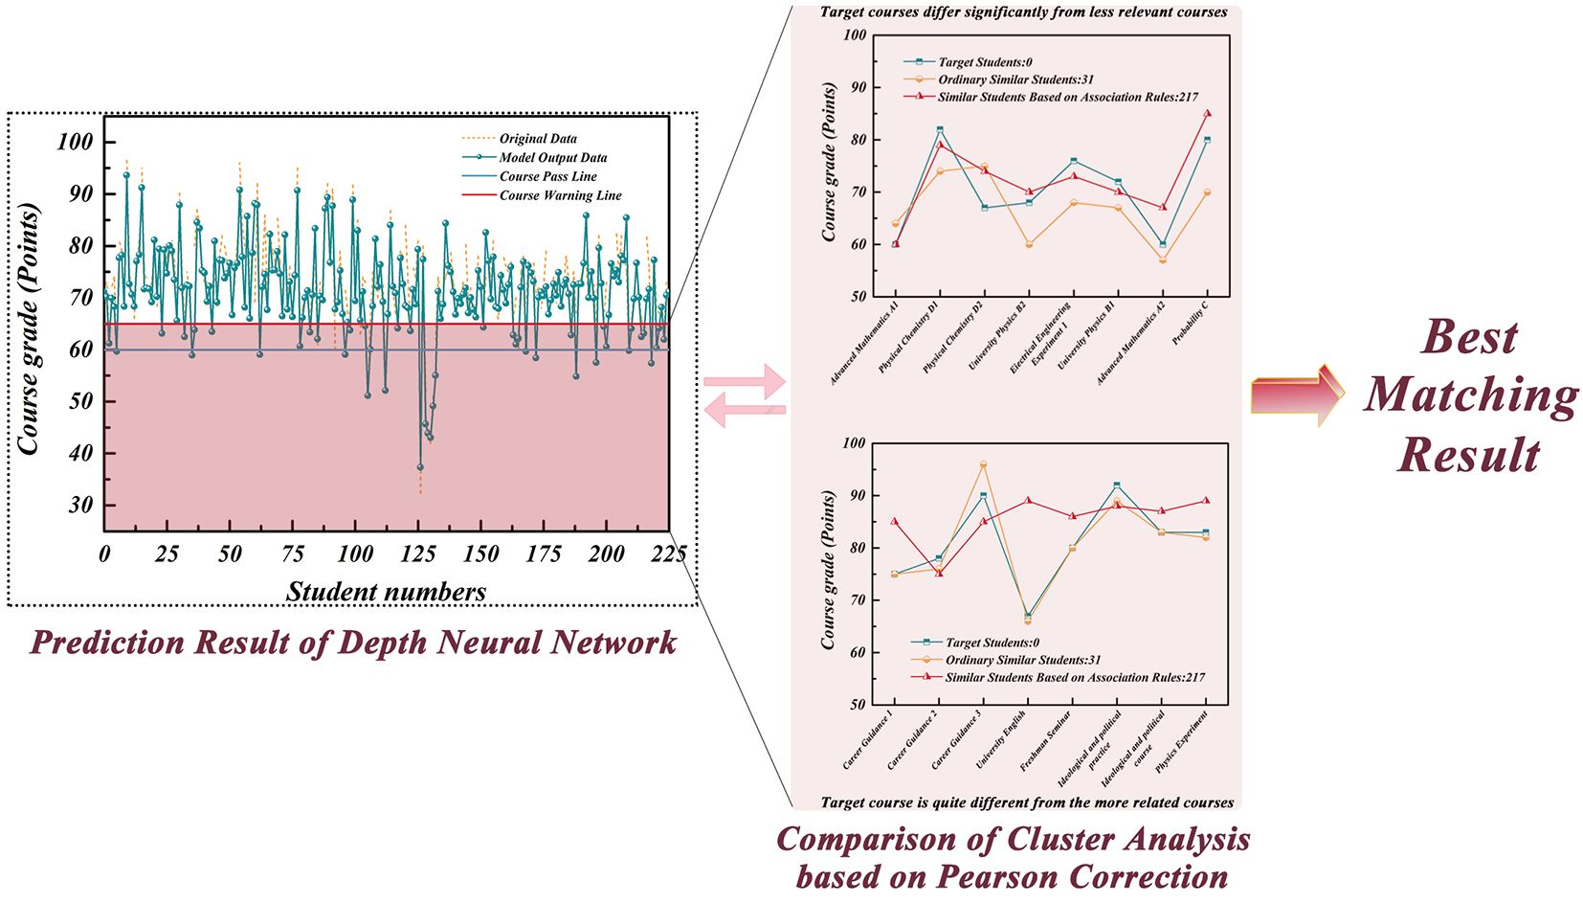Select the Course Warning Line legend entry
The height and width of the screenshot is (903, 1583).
click(x=560, y=195)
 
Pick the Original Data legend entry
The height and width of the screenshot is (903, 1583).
click(x=538, y=139)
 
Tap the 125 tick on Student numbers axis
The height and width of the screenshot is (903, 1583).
click(x=418, y=553)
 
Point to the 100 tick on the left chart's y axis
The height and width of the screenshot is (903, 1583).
click(x=75, y=142)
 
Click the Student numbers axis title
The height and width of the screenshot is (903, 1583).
click(x=386, y=592)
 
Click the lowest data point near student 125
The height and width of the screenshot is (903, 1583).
click(x=419, y=467)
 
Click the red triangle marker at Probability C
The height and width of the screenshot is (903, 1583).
click(x=1207, y=113)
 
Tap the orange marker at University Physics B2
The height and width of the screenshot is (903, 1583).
click(x=1029, y=244)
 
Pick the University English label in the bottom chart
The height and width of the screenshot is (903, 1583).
click(x=1001, y=739)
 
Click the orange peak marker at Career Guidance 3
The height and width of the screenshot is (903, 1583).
click(x=983, y=464)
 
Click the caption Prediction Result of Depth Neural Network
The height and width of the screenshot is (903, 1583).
click(x=353, y=643)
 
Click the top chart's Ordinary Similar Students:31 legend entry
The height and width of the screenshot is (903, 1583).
click(x=1015, y=79)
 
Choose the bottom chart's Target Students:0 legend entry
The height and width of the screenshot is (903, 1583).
click(x=992, y=643)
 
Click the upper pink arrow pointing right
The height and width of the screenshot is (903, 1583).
click(x=745, y=382)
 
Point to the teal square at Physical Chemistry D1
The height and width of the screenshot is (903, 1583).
click(x=940, y=129)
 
